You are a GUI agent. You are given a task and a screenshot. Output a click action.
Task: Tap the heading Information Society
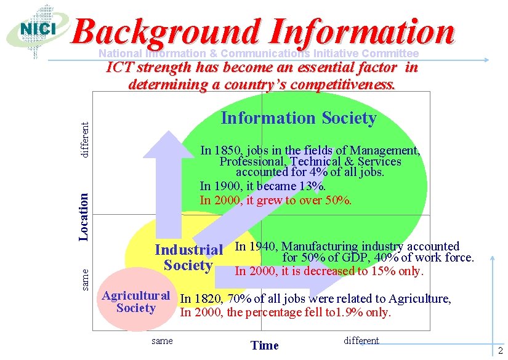pyautogui.click(x=299, y=118)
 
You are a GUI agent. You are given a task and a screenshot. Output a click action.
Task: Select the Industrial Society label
pyautogui.click(x=188, y=258)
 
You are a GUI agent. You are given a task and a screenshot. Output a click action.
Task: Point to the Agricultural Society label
pyautogui.click(x=135, y=302)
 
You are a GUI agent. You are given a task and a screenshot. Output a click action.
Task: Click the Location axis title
pyautogui.click(x=84, y=215)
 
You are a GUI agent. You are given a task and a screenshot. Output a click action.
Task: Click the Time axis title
pyautogui.click(x=265, y=345)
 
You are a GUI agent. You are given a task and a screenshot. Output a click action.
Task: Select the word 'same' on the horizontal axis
pyautogui.click(x=162, y=341)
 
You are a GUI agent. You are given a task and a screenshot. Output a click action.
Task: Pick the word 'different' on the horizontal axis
pyautogui.click(x=362, y=341)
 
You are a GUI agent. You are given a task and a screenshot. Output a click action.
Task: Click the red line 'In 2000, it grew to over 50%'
pyautogui.click(x=276, y=200)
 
